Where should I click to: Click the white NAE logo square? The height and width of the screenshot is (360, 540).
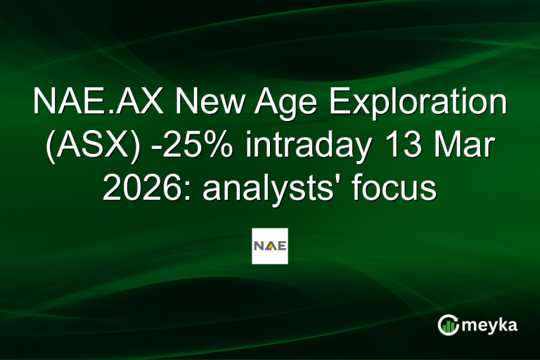[x=270, y=246]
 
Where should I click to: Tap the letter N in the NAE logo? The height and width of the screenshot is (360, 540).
[x=259, y=246]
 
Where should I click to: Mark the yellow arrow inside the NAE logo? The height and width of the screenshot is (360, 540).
[x=270, y=247]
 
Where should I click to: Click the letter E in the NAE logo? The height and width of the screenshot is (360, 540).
[x=281, y=246]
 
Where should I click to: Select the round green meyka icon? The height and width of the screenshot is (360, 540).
[x=448, y=325]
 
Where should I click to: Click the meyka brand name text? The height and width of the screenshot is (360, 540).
[x=491, y=326]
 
